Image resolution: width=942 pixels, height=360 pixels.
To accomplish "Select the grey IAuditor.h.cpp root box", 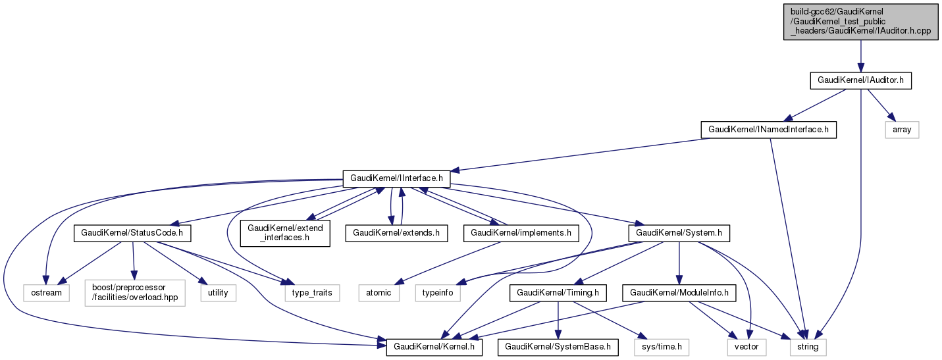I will [860, 21].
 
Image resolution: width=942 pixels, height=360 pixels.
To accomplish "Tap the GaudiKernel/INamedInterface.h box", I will [768, 130].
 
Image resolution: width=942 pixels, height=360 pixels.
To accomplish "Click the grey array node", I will [901, 130].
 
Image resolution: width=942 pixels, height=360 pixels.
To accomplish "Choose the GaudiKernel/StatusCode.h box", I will [132, 232].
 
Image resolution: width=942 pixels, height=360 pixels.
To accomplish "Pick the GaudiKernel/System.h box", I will [679, 232].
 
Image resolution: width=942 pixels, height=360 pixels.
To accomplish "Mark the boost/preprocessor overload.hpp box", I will [134, 292].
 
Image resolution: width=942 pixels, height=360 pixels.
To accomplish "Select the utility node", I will [218, 292].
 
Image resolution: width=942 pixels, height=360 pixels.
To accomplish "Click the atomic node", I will [379, 292].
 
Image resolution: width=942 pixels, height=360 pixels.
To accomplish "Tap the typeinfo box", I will [437, 292].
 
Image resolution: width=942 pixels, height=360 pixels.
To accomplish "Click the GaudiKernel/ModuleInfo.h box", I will [679, 292].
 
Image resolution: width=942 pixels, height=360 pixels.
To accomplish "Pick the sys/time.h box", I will [661, 346].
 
